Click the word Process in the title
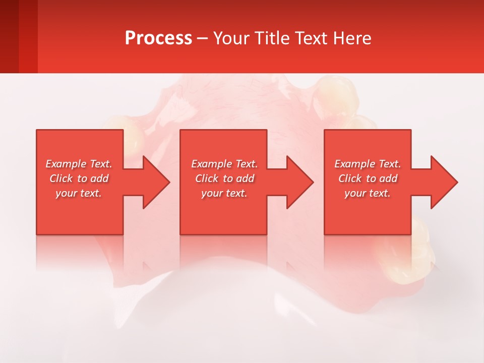click(x=158, y=38)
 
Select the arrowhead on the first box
click(x=154, y=182)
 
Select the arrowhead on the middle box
click(x=297, y=182)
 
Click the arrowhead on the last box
click(x=442, y=182)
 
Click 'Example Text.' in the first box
click(x=79, y=164)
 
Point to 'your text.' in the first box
click(x=79, y=193)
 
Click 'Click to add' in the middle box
click(x=224, y=178)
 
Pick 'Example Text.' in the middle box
click(x=224, y=164)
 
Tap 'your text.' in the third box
click(x=368, y=193)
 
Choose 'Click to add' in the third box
click(x=368, y=178)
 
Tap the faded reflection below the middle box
click(x=223, y=252)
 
